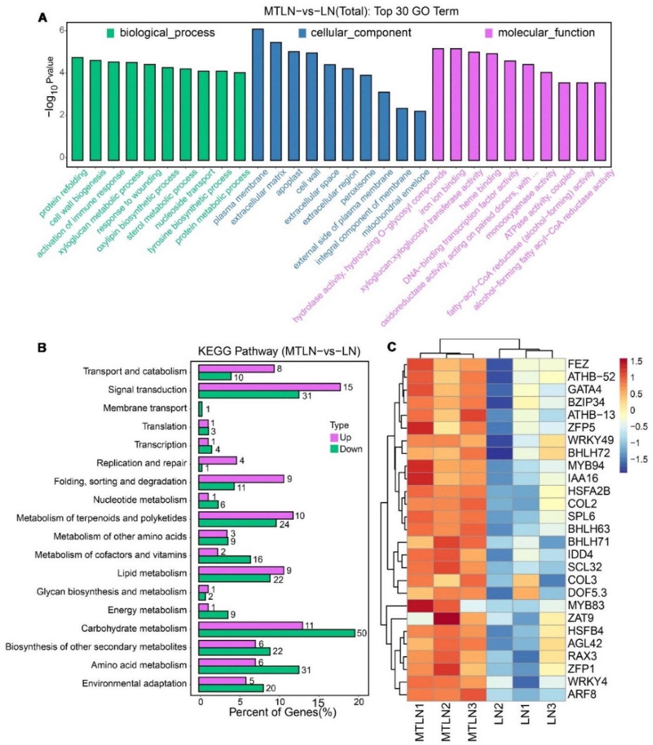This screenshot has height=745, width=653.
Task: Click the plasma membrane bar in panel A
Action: click(x=258, y=95)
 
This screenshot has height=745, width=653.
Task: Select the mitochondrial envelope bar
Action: click(x=420, y=136)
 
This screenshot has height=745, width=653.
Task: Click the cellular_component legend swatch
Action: click(x=303, y=33)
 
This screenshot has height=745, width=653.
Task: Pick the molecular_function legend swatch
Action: click(x=489, y=33)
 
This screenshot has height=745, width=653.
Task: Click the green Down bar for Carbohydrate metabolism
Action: click(x=276, y=633)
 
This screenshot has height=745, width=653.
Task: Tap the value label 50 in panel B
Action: click(x=362, y=633)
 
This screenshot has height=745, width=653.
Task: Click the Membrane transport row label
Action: click(x=145, y=408)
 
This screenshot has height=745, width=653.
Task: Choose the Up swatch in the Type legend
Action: click(x=334, y=438)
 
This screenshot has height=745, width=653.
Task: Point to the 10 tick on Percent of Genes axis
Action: click(x=280, y=702)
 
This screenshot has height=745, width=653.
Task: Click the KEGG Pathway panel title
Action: click(x=279, y=351)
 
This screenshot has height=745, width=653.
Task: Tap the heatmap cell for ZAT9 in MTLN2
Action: click(x=446, y=618)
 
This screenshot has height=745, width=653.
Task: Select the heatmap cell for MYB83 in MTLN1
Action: click(x=420, y=605)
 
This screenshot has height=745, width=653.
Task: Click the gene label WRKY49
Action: click(x=591, y=440)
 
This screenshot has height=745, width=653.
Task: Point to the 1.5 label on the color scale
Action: click(x=636, y=362)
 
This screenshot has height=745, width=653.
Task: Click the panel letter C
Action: click(x=392, y=347)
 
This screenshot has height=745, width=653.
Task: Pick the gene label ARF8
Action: click(x=582, y=694)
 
